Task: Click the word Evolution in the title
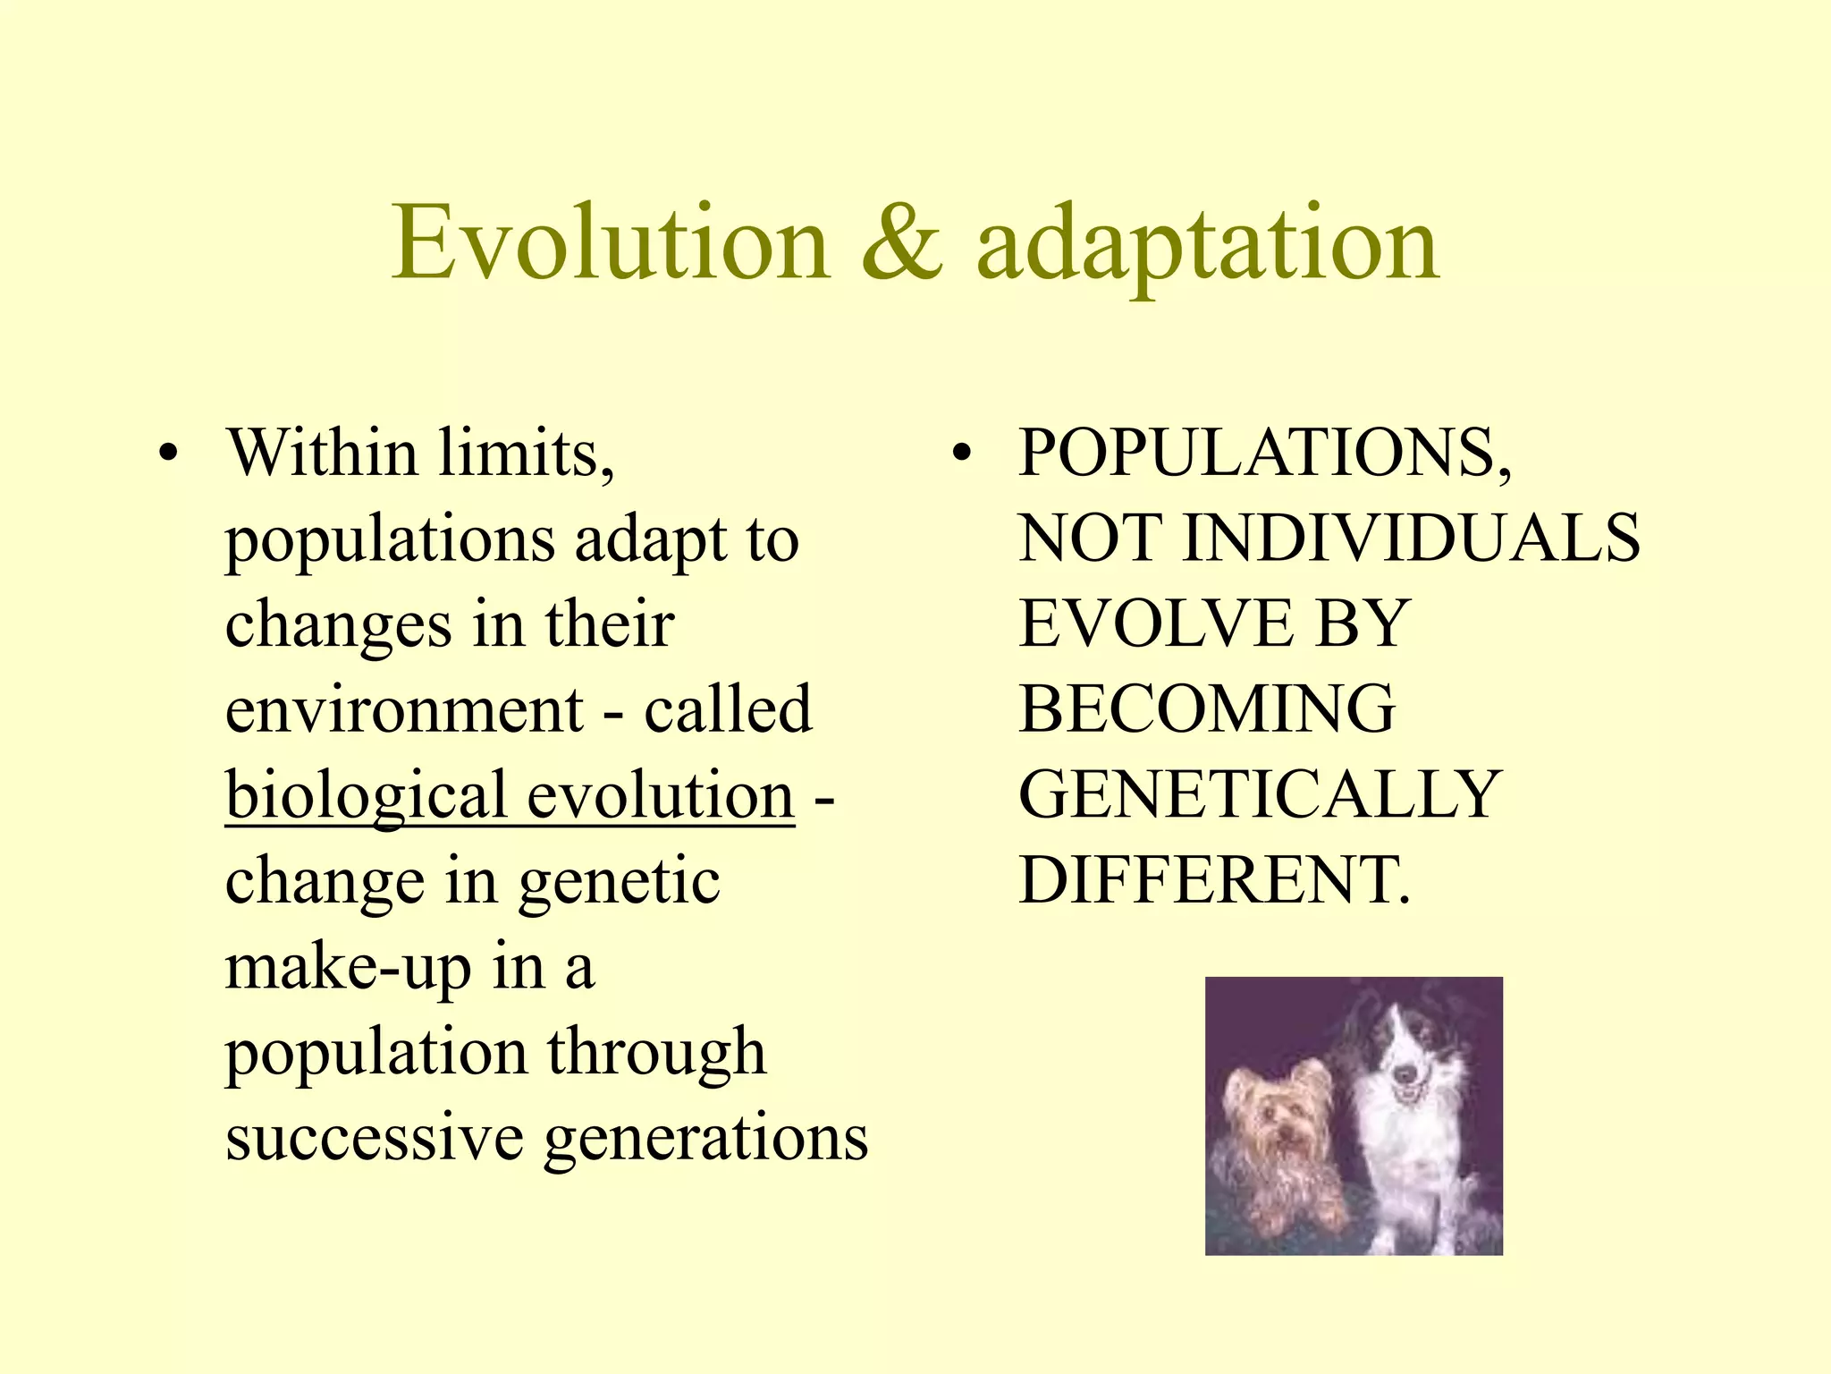coord(612,243)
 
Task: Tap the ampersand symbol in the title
coord(902,243)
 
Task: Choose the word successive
coord(375,1138)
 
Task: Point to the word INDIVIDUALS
coord(1412,539)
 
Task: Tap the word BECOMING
coord(1207,709)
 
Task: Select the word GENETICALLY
coord(1260,795)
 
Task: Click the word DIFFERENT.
coord(1213,881)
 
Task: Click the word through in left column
coord(656,1053)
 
